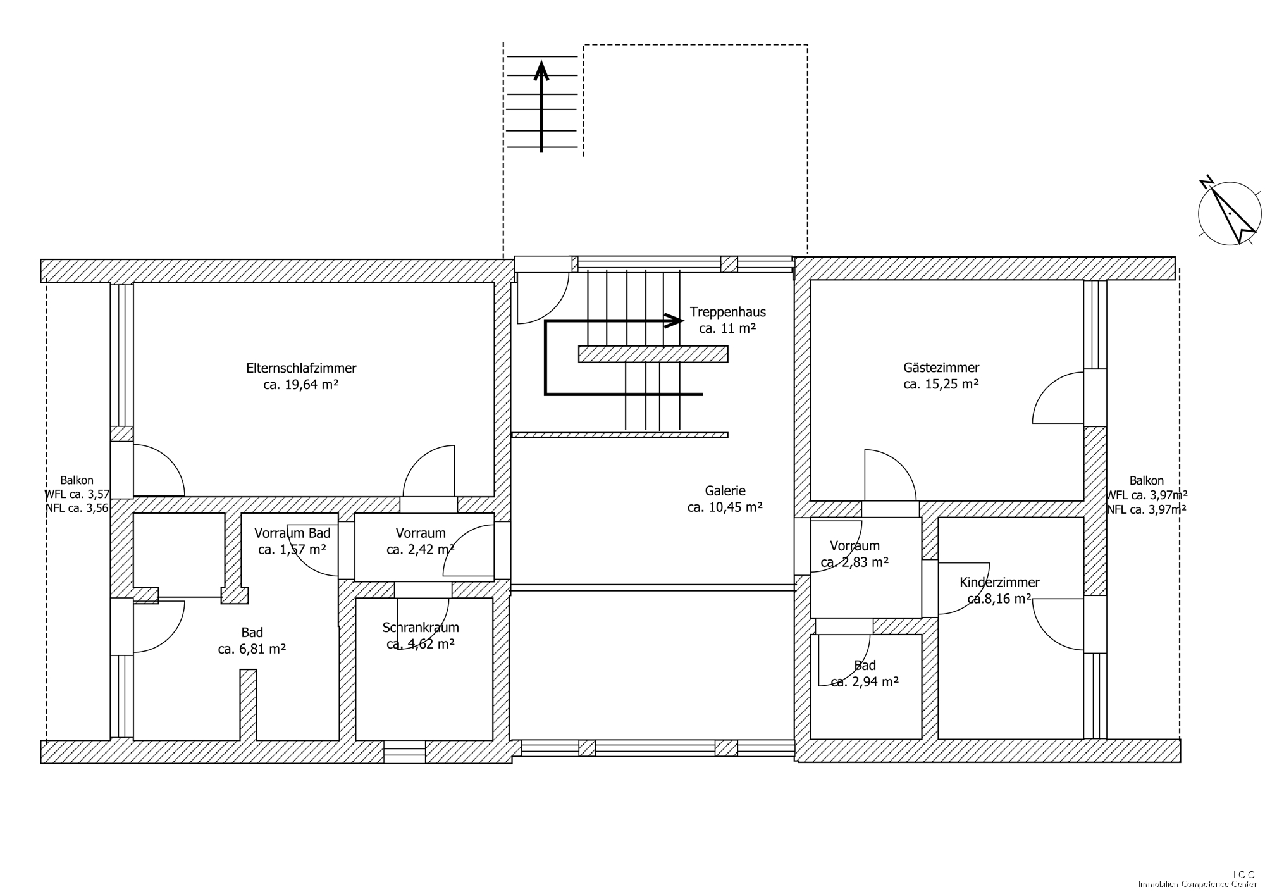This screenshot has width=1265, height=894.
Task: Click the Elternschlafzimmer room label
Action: click(x=301, y=368)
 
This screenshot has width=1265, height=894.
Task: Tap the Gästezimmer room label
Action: click(x=941, y=368)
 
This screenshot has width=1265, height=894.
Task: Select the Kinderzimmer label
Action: click(x=999, y=583)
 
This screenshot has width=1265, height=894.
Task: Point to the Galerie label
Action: click(x=725, y=490)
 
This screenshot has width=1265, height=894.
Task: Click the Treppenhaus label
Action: click(x=728, y=312)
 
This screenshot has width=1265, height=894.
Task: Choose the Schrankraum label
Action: click(x=421, y=628)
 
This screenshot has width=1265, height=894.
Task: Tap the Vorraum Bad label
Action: click(x=292, y=533)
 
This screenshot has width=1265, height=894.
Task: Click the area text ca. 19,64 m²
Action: click(x=301, y=385)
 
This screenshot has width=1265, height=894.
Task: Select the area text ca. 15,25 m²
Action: click(x=941, y=384)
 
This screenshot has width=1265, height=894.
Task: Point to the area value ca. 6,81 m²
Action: click(x=252, y=649)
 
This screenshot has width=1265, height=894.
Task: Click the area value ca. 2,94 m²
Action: click(x=865, y=682)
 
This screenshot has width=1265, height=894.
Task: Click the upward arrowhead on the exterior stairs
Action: click(x=541, y=70)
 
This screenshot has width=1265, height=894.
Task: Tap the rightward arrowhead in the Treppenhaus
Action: click(x=674, y=321)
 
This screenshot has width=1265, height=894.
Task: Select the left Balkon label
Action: click(x=77, y=481)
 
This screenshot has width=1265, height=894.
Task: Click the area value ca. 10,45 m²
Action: click(x=725, y=507)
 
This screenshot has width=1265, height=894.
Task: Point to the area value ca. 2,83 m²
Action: click(x=855, y=562)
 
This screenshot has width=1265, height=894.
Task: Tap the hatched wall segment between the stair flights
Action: click(x=653, y=354)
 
